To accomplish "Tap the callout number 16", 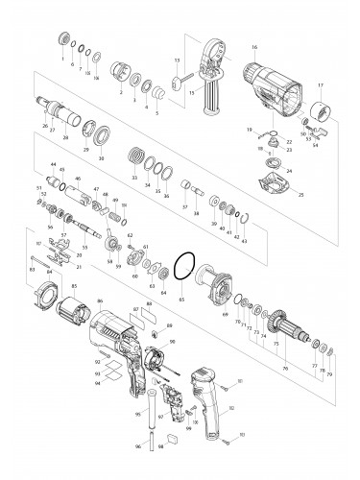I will click(254, 47).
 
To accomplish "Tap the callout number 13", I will click(178, 60).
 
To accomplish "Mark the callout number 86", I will click(99, 301).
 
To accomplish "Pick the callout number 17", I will click(321, 86).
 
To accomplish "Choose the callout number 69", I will click(225, 312).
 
